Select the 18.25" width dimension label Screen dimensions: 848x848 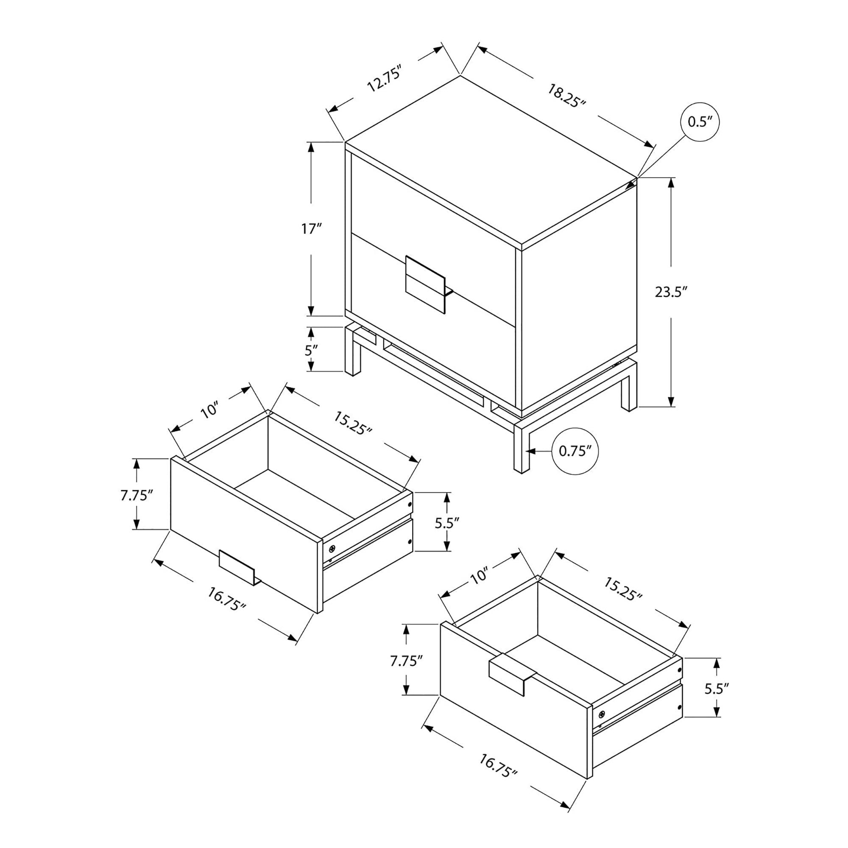(x=566, y=96)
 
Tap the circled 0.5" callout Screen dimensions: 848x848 (x=700, y=122)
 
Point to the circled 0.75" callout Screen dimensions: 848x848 (x=575, y=451)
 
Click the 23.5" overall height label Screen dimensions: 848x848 (x=671, y=292)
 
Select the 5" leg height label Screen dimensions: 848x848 (x=311, y=350)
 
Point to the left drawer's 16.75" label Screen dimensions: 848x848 (x=226, y=600)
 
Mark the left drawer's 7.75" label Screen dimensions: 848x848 (x=137, y=495)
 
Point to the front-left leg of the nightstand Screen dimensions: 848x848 (x=353, y=350)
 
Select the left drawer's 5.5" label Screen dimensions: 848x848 (x=447, y=523)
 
